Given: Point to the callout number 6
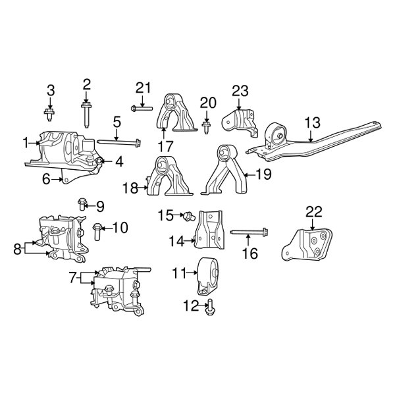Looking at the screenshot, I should pyautogui.click(x=47, y=178).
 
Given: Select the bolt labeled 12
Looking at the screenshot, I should pyautogui.click(x=211, y=303).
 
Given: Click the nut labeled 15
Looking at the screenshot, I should pyautogui.click(x=187, y=215).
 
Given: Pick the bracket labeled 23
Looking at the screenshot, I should pyautogui.click(x=238, y=118).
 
